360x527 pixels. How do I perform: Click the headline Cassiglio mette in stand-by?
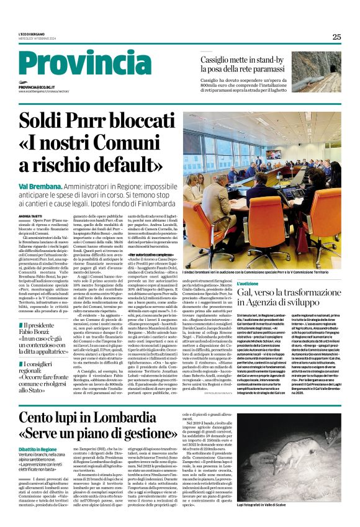point(243,61)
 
